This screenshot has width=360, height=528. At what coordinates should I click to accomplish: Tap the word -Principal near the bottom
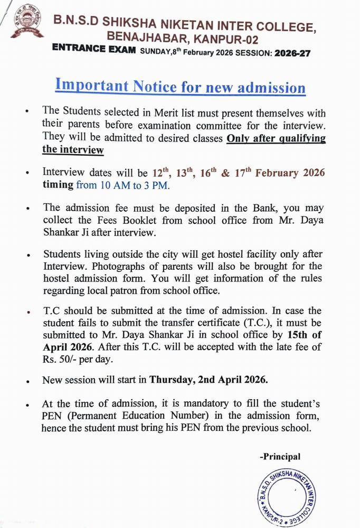[x=280, y=457]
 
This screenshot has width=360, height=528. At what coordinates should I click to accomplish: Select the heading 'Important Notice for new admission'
[x=181, y=86]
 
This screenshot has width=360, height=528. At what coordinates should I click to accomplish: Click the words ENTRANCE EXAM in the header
[x=94, y=50]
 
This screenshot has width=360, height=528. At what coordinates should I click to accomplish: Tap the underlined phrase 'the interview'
[x=73, y=150]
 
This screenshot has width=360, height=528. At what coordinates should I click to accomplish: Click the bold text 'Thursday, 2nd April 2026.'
[x=209, y=379]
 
